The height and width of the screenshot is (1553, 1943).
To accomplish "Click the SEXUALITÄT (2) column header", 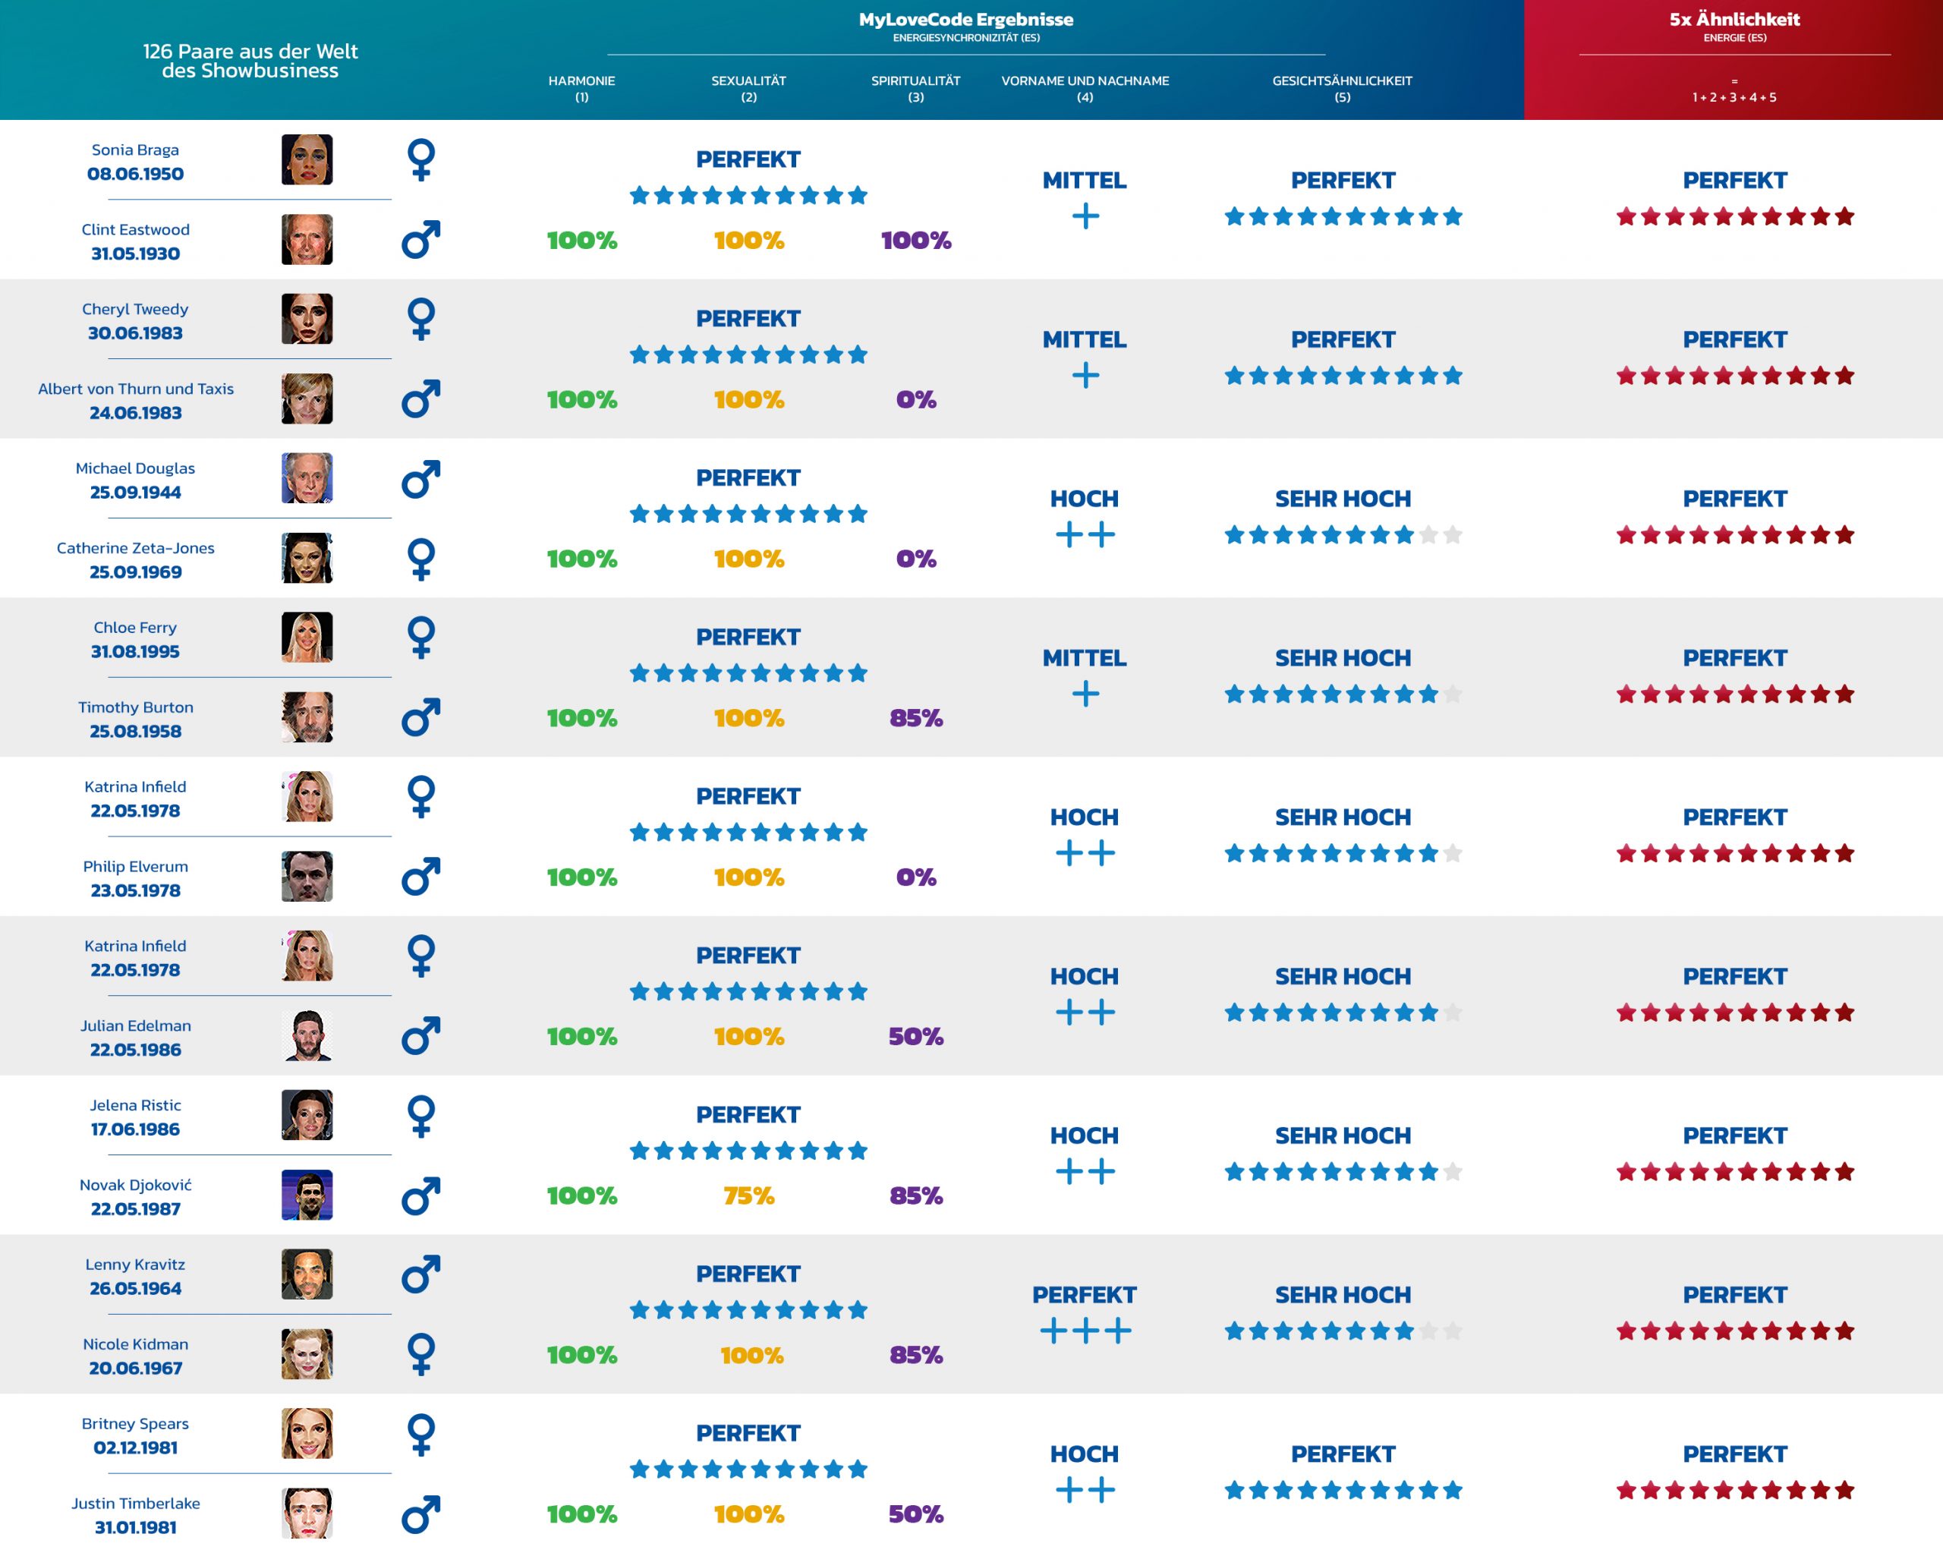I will tap(748, 87).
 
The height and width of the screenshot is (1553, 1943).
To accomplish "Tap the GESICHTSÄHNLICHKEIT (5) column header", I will tap(1341, 87).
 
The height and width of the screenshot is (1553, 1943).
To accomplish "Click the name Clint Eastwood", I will tap(135, 229).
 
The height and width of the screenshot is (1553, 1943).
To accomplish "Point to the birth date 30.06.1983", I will tap(135, 332).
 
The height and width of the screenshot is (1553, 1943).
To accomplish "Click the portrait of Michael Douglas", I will tap(307, 477).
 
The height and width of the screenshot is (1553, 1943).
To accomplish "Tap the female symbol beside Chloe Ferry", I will tap(421, 638).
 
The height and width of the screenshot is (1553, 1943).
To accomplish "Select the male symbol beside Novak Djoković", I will tap(421, 1195).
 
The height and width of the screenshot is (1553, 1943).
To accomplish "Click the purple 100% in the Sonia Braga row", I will tap(915, 241).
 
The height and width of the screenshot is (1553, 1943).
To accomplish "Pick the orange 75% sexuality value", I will tap(748, 1196).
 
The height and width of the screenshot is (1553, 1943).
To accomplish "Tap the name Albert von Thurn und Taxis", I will tap(135, 389).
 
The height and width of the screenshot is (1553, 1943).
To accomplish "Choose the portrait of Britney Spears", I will tap(307, 1433).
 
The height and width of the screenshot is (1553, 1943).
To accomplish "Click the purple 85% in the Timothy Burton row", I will tap(915, 718).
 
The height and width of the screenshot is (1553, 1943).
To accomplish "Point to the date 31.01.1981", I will tap(135, 1527).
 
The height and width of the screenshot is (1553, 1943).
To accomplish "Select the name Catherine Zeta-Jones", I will tap(135, 548).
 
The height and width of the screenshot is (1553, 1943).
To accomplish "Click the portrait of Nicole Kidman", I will tap(307, 1354).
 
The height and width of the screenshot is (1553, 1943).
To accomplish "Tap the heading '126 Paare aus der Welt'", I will tap(250, 52).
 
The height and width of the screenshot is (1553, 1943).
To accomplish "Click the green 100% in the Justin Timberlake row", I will tap(581, 1514).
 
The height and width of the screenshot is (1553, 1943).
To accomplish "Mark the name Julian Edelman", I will tap(135, 1025).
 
